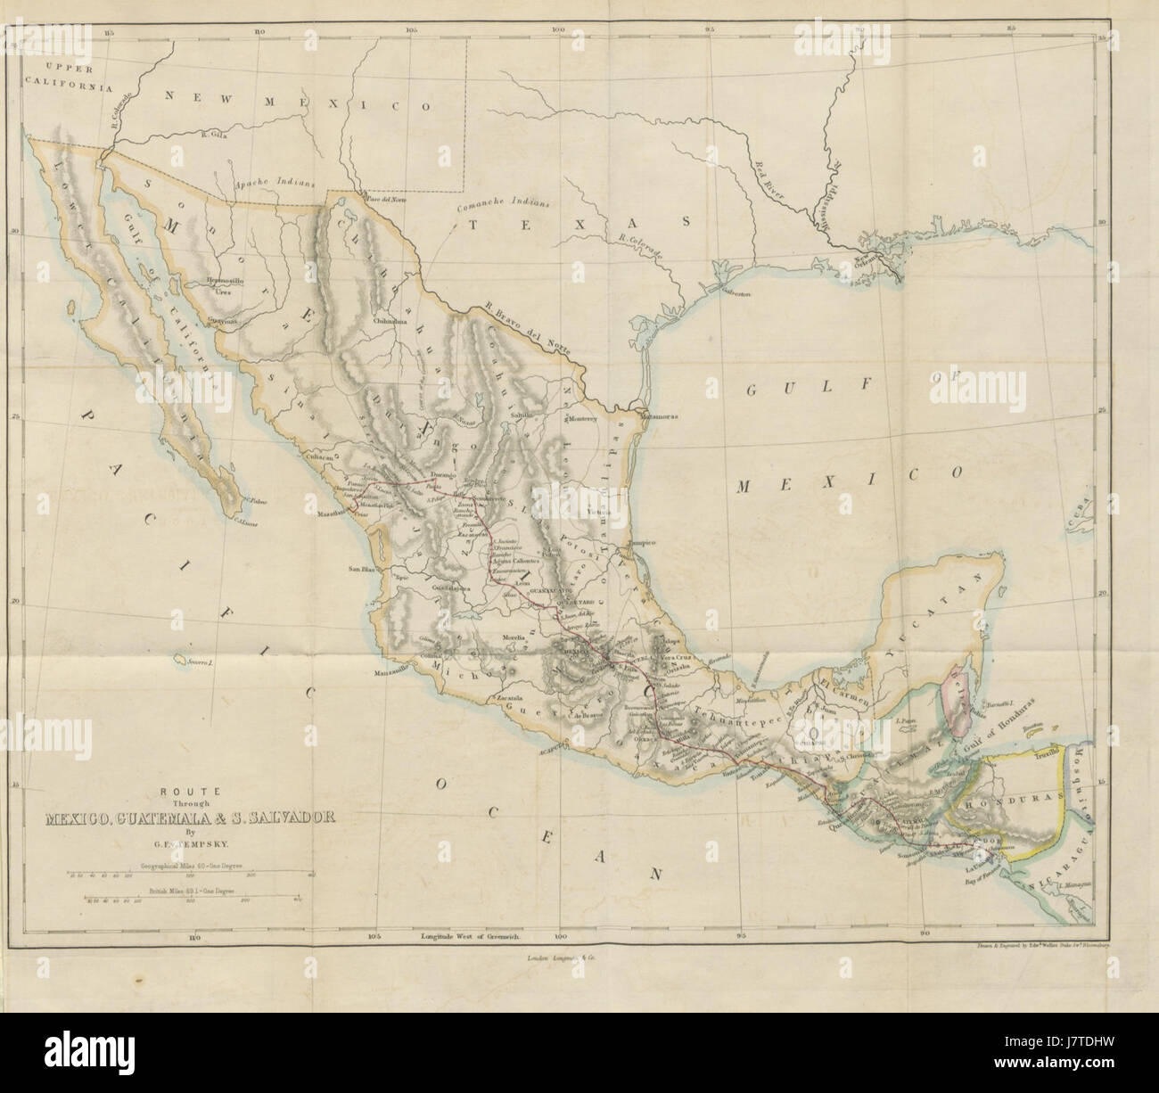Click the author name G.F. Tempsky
pos(184,838)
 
